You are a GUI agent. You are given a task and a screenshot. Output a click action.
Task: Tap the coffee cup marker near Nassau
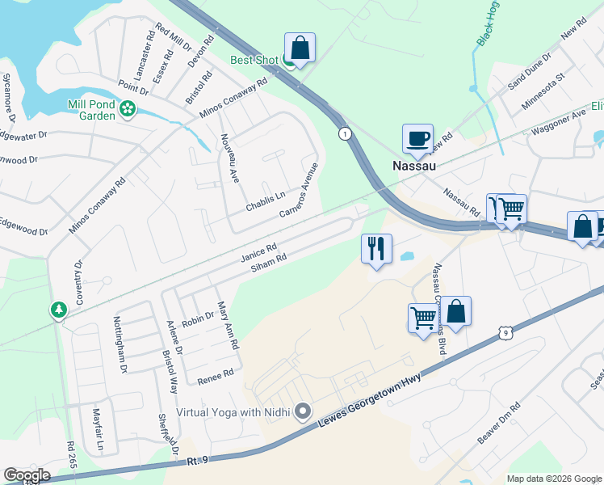(417, 139)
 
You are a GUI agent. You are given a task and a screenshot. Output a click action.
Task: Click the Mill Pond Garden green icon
(127, 108)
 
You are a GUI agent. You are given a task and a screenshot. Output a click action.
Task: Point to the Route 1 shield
(345, 133)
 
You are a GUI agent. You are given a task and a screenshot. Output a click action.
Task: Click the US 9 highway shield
(505, 331)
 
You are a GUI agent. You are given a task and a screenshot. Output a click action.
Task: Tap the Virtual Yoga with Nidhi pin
(303, 412)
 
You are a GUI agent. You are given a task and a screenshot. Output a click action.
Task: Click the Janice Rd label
(258, 254)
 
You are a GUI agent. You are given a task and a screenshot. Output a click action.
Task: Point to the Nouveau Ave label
(229, 158)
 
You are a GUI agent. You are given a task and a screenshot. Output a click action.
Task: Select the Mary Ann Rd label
(229, 325)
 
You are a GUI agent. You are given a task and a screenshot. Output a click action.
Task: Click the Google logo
(27, 475)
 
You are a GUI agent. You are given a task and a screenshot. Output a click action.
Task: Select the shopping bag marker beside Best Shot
(300, 48)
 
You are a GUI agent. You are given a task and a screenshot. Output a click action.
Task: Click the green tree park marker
(58, 310)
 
